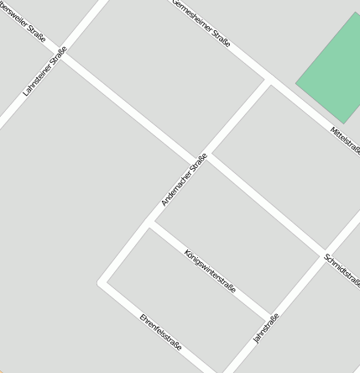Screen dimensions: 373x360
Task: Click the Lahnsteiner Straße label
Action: (44, 72)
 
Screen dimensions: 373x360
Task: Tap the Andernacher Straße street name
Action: (184, 180)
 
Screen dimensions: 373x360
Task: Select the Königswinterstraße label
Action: (210, 271)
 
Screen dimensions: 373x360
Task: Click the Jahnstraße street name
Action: (265, 328)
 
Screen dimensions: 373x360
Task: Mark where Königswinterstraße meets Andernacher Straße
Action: (150, 224)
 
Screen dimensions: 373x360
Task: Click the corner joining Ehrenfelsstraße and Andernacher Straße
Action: (102, 282)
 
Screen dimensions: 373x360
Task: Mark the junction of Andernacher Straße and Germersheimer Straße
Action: (269, 81)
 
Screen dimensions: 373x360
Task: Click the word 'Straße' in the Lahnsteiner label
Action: (56, 58)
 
